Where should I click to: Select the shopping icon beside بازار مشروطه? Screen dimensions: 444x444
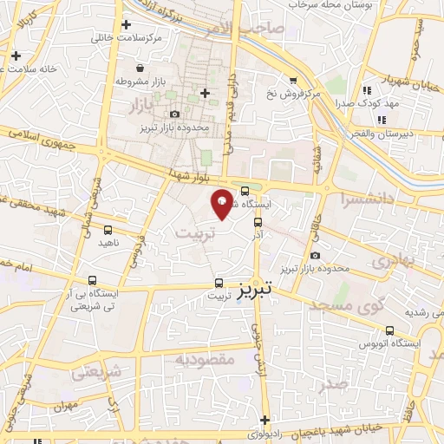click(140, 68)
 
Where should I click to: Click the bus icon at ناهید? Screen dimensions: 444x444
click(108, 231)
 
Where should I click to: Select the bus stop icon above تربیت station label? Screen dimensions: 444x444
click(219, 283)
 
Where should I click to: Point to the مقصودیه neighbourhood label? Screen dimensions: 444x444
click(206, 358)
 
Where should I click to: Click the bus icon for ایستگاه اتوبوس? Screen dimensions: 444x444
click(390, 330)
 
